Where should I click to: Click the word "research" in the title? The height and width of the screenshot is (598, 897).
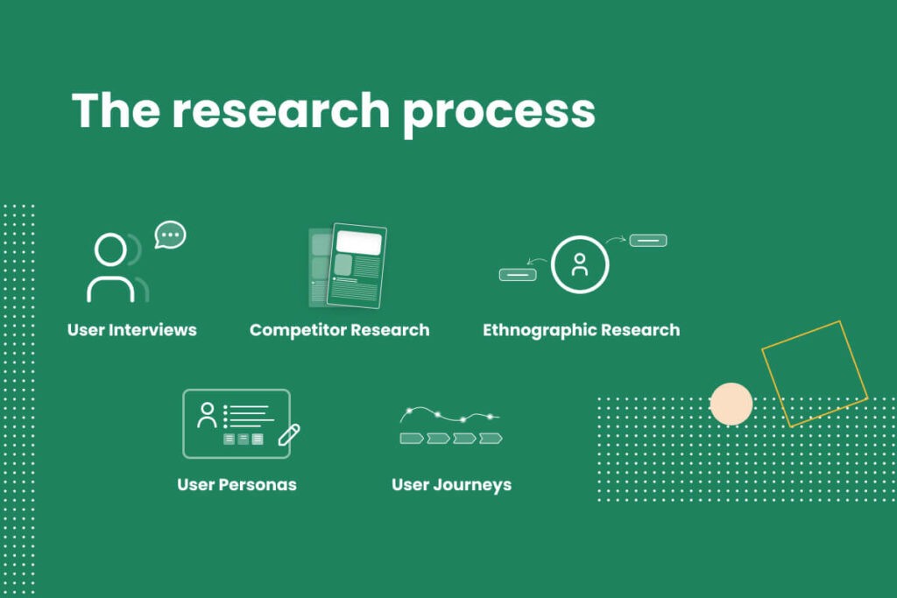click(x=279, y=111)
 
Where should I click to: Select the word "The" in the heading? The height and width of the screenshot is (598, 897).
click(x=115, y=110)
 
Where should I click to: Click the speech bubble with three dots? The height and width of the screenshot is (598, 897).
click(x=171, y=235)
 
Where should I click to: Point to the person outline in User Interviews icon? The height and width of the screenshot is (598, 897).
click(x=111, y=268)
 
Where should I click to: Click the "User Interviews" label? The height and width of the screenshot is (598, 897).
click(x=132, y=330)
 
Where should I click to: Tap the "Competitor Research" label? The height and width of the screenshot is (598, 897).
click(x=340, y=330)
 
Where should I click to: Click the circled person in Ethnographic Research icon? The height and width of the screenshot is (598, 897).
click(x=580, y=264)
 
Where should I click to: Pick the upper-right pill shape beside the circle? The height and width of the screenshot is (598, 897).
click(x=648, y=240)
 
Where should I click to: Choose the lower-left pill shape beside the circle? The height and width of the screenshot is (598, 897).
click(x=518, y=274)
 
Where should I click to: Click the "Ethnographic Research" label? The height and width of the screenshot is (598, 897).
click(x=581, y=330)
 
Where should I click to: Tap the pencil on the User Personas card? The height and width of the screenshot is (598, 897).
click(x=289, y=434)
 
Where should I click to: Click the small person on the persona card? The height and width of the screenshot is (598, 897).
click(x=208, y=415)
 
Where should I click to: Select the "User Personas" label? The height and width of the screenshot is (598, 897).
click(x=237, y=484)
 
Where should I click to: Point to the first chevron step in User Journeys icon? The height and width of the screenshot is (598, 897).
click(x=412, y=438)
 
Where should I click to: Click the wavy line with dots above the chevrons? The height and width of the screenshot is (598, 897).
click(x=449, y=414)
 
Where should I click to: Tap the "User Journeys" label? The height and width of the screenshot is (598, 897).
click(x=451, y=484)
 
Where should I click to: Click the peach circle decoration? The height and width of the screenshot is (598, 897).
click(x=731, y=404)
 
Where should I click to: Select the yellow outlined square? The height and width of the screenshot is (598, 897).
click(x=815, y=373)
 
